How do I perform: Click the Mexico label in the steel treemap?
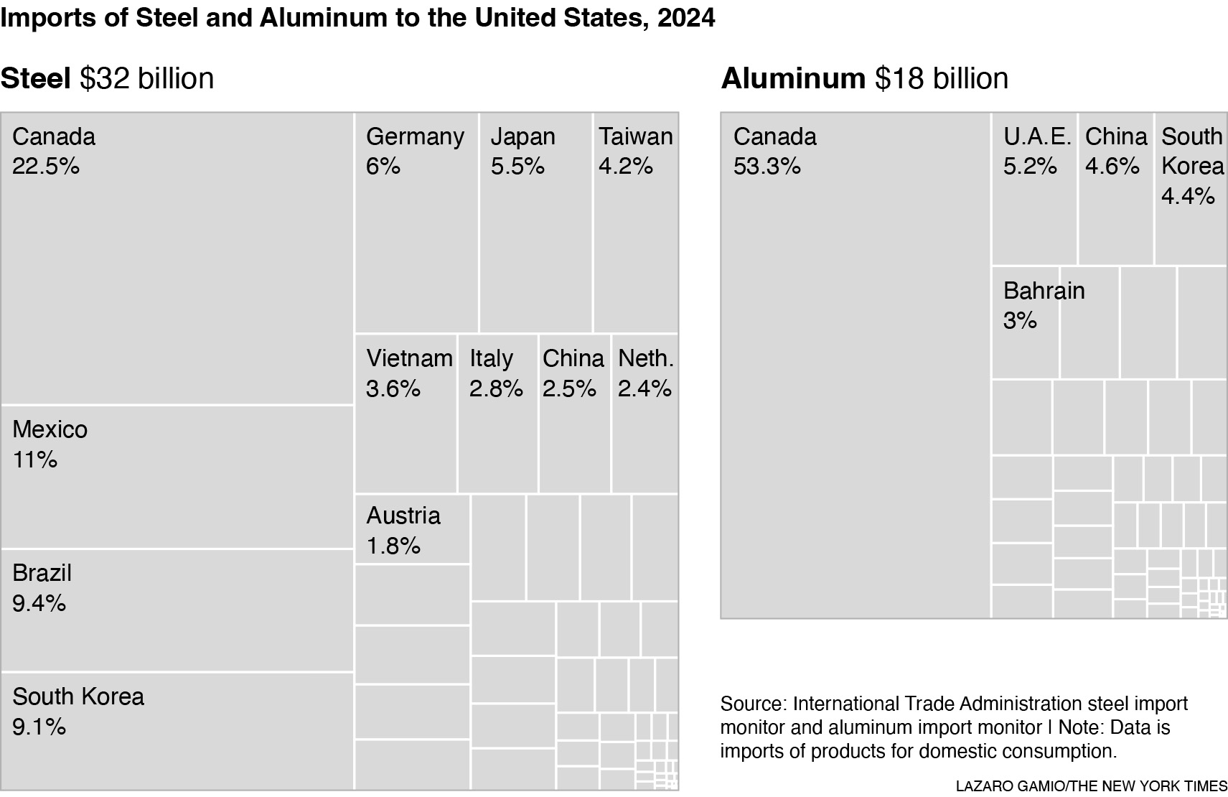pos(50,429)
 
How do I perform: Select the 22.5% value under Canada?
pos(45,167)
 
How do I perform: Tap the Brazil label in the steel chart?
pos(42,573)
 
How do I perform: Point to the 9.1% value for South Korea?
pos(39,727)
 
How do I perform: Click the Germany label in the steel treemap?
pos(415,136)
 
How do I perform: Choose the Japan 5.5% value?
pos(517,167)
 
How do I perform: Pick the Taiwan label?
pos(636,136)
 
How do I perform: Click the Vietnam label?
pos(409,358)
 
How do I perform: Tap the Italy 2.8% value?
pos(496,388)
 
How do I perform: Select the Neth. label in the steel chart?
pos(645,358)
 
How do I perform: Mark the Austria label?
pos(403,516)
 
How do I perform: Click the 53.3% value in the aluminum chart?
pos(767,167)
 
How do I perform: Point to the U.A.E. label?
pos(1037,136)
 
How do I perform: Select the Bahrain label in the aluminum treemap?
pos(1044,291)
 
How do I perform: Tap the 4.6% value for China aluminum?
pos(1112,167)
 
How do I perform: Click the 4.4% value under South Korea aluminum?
pos(1188,196)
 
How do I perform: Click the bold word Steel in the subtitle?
pos(35,78)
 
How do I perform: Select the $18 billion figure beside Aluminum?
pos(941,78)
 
